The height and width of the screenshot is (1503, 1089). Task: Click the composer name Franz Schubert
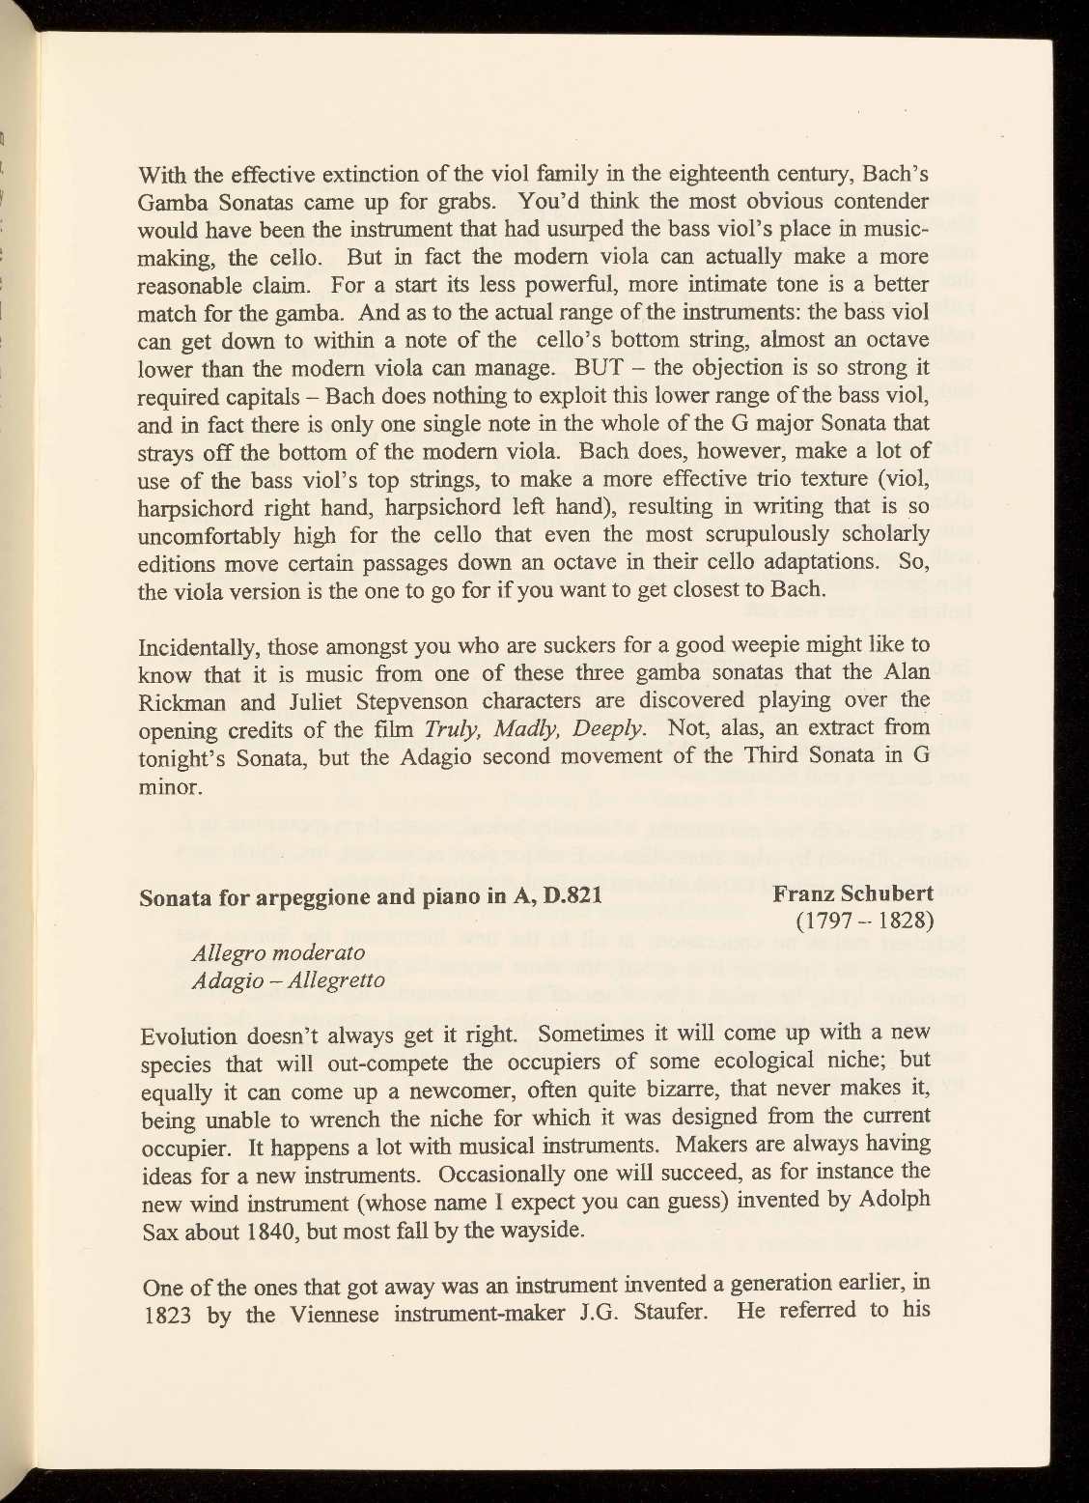[x=852, y=894]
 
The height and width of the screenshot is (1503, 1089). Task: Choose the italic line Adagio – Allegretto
[x=289, y=979]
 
